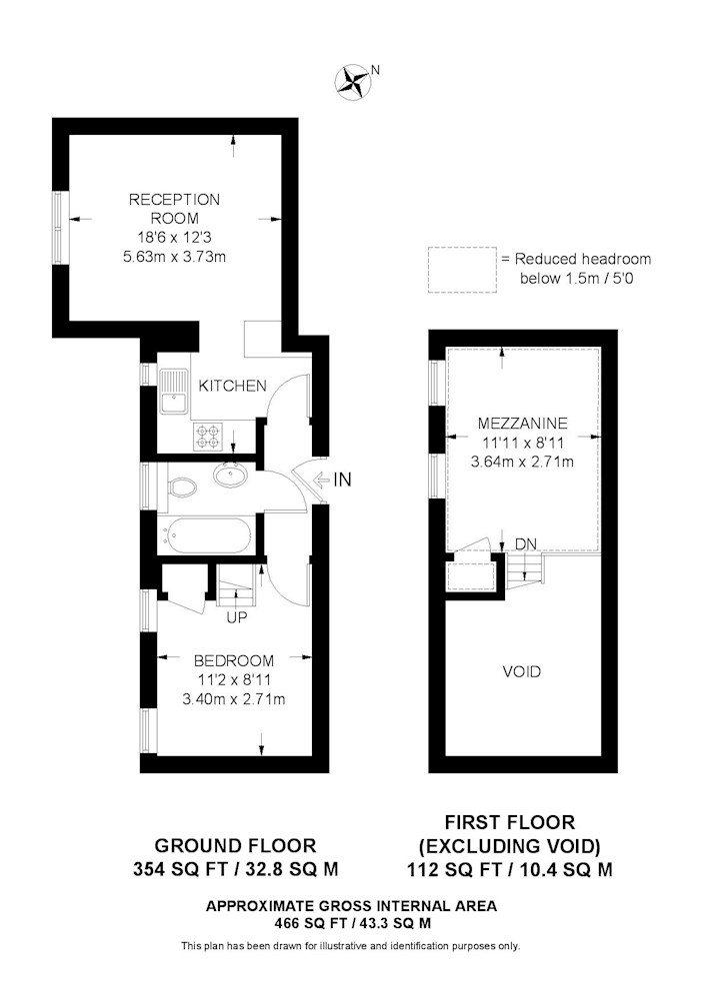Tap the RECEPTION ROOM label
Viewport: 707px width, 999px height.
[174, 209]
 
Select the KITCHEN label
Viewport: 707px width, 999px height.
[232, 386]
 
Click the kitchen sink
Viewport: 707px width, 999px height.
[173, 392]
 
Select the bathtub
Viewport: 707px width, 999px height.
[207, 534]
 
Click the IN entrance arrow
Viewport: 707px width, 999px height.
[333, 480]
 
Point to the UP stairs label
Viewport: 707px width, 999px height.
[237, 617]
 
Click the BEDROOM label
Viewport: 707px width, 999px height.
[234, 660]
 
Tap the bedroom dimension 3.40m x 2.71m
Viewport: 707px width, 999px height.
[233, 699]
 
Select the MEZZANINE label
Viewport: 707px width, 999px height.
[522, 423]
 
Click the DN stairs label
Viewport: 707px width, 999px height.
[526, 544]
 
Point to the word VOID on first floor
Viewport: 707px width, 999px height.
[521, 671]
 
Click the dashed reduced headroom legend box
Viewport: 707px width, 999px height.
[462, 270]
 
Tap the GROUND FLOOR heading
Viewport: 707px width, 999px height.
[235, 846]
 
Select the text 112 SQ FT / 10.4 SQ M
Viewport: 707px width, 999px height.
[510, 870]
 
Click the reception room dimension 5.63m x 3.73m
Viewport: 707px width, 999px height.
[175, 257]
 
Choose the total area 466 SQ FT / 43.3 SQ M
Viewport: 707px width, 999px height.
[351, 922]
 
